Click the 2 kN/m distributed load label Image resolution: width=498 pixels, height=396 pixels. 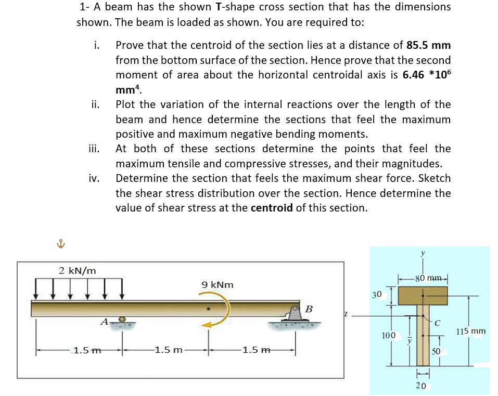(77, 271)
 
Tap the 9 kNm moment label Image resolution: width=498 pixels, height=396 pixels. (218, 285)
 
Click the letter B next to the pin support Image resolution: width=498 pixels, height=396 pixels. (309, 309)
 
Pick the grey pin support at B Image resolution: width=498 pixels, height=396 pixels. (294, 314)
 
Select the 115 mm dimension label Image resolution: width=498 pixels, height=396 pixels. (470, 331)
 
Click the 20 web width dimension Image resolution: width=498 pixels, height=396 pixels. (422, 385)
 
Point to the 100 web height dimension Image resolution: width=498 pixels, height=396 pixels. (388, 336)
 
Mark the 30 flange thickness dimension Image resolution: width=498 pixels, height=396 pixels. (378, 295)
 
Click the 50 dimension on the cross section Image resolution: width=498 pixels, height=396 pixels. (436, 352)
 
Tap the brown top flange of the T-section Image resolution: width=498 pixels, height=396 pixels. (423, 296)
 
